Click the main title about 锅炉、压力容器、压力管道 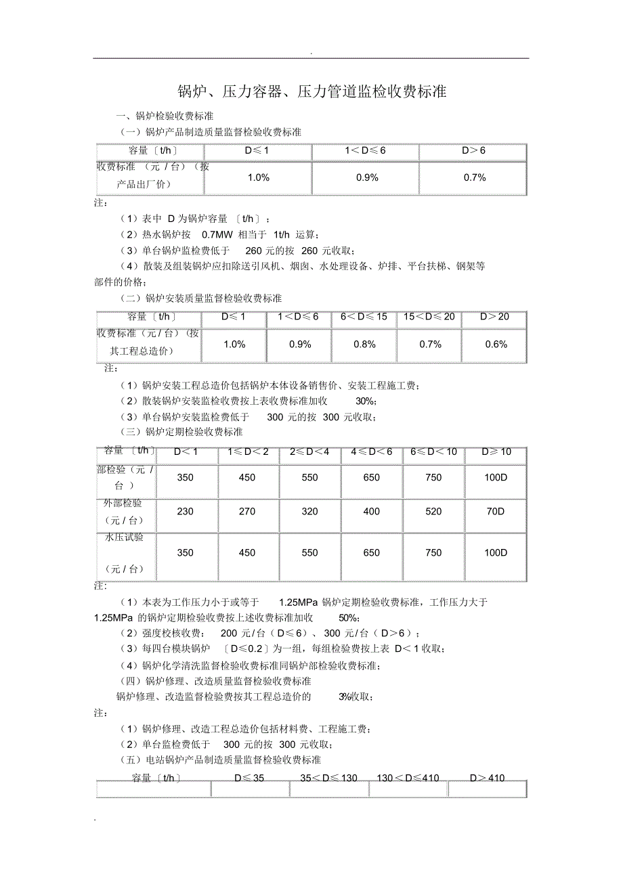(x=311, y=92)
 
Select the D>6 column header (x=473, y=150)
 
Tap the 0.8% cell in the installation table (x=364, y=345)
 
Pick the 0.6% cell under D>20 (x=495, y=345)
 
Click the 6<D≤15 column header (x=364, y=317)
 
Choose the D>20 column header (x=494, y=317)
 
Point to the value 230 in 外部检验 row (x=186, y=512)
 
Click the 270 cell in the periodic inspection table (x=247, y=512)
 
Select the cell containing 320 (x=309, y=512)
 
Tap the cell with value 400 (x=372, y=512)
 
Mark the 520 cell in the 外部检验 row (x=433, y=512)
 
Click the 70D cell (x=496, y=512)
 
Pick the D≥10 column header (x=496, y=451)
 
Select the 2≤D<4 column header (x=309, y=451)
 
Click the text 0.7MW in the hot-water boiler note (x=217, y=234)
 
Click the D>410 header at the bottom (x=487, y=778)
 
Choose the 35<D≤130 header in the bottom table (x=328, y=778)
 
